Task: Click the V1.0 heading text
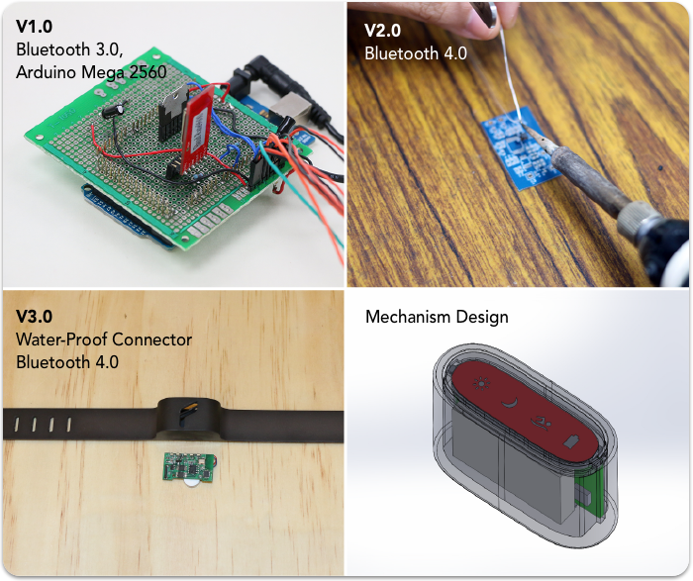click(35, 25)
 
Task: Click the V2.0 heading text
click(385, 31)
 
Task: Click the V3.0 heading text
click(36, 318)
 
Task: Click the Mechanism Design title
click(437, 318)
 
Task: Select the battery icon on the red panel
click(572, 440)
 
